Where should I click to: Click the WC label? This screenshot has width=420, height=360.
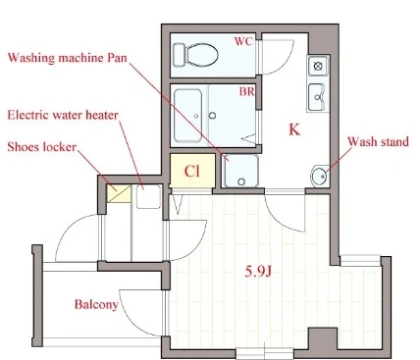243,41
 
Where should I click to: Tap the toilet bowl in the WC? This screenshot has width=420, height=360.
195,55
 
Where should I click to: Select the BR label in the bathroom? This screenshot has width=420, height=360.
246,91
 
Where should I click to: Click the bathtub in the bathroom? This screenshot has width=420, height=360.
187,116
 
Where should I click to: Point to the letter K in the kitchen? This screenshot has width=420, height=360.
294,129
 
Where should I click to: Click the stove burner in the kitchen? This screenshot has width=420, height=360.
318,66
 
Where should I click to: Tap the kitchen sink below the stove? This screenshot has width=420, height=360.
317,97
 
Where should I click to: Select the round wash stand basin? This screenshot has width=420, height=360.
320,177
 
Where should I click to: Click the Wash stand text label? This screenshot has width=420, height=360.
378,141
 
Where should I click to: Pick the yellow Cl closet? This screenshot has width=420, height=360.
192,171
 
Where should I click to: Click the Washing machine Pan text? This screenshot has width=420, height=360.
68,58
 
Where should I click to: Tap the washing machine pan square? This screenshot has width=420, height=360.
240,171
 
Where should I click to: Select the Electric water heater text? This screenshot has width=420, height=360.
63,115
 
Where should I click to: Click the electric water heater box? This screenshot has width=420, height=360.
148,197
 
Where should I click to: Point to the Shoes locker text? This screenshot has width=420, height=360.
41,147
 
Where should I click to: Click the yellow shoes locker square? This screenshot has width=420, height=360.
119,194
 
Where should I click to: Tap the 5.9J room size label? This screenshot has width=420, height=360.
258,272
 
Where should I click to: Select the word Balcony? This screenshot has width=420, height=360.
96,304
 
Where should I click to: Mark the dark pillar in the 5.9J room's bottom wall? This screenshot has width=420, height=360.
323,339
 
